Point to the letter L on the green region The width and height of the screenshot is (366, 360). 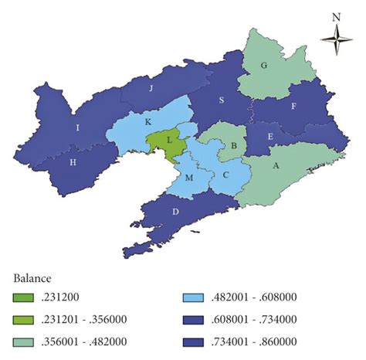(x=168, y=139)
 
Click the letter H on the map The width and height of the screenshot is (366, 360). (x=73, y=163)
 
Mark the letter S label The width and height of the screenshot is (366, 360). (x=222, y=100)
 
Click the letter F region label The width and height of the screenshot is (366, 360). (x=293, y=107)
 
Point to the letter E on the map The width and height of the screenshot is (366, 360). (x=269, y=136)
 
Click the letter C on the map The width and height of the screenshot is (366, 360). (x=225, y=175)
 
